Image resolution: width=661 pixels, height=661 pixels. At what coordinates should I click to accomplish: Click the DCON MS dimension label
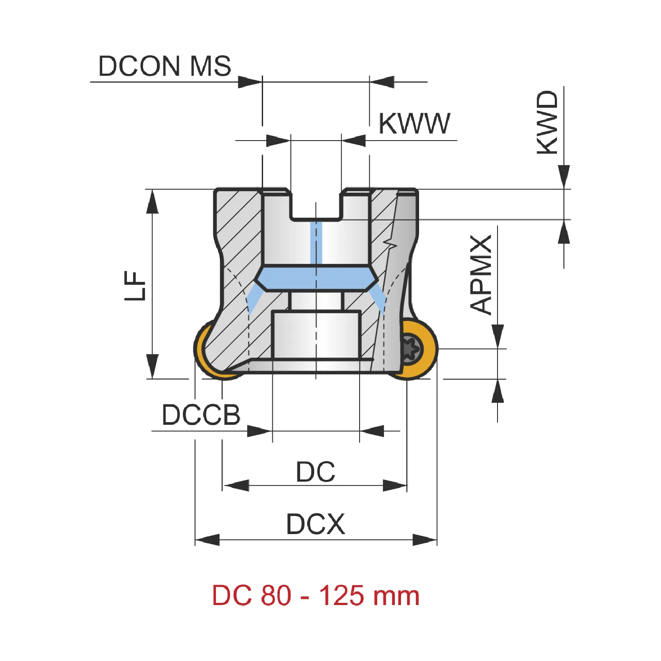click(164, 66)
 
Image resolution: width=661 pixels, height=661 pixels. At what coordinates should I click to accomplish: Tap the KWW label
click(414, 123)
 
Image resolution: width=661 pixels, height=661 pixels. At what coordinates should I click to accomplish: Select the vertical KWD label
click(547, 123)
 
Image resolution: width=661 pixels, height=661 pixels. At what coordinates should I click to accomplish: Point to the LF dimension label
click(135, 286)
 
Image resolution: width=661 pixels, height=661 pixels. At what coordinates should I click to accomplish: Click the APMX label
click(481, 275)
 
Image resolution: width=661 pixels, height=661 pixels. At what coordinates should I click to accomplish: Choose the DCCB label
click(201, 415)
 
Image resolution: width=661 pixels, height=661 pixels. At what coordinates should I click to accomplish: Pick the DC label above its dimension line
click(316, 472)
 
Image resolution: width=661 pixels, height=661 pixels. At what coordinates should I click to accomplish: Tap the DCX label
click(316, 524)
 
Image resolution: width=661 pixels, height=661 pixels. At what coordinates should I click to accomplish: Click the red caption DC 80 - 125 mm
click(316, 596)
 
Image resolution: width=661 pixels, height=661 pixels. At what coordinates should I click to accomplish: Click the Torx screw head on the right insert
click(411, 349)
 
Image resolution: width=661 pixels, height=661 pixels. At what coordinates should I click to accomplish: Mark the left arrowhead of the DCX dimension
click(207, 540)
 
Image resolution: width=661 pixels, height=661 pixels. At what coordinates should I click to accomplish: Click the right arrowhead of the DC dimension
click(395, 486)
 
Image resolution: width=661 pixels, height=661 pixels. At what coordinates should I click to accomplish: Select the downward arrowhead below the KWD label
click(564, 177)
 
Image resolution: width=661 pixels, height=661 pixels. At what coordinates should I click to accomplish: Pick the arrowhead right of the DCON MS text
click(250, 82)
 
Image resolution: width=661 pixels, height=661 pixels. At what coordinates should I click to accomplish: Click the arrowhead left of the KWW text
click(279, 141)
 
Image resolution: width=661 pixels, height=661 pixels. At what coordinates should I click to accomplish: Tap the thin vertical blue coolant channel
click(316, 243)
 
